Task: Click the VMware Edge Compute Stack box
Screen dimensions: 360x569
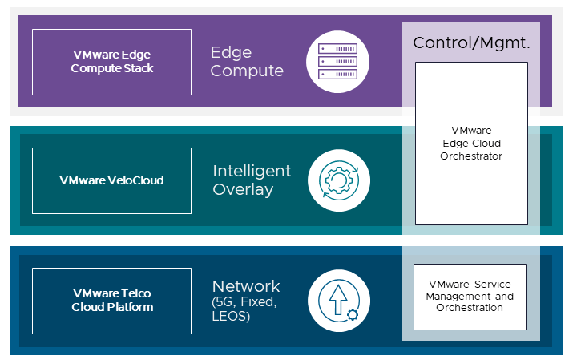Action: [x=111, y=62]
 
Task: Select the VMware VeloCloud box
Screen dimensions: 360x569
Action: [x=111, y=180]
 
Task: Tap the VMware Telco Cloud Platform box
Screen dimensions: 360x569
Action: [x=111, y=301]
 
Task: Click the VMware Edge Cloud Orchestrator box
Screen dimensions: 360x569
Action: [x=471, y=143]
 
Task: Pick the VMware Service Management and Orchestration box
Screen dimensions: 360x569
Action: [x=470, y=297]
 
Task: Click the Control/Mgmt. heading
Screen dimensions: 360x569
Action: [x=471, y=42]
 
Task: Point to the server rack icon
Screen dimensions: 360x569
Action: [x=337, y=61]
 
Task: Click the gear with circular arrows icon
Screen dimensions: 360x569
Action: [x=337, y=180]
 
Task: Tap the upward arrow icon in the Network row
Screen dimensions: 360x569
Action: [x=336, y=299]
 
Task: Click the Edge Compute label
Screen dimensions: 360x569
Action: [x=247, y=62]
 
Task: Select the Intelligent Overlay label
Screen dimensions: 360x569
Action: [x=252, y=180]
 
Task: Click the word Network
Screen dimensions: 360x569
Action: [x=246, y=286]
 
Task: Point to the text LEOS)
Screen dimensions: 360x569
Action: [x=232, y=317]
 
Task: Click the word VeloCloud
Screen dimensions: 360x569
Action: [x=135, y=180]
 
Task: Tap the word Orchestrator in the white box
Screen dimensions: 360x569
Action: [x=471, y=156]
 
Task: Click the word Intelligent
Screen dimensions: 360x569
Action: [x=252, y=172]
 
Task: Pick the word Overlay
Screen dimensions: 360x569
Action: [x=243, y=190]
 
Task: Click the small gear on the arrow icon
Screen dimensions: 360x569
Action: [x=351, y=313]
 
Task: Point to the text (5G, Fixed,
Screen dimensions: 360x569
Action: [x=244, y=302]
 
